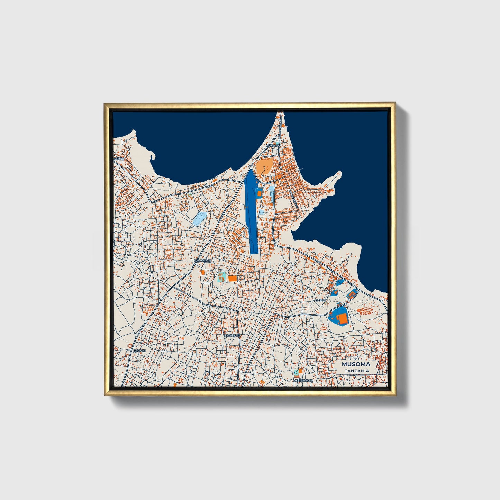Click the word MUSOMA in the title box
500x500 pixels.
coord(356,364)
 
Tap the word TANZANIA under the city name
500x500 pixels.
coord(356,371)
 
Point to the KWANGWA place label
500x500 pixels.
coord(232,336)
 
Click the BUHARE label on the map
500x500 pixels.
coord(139,351)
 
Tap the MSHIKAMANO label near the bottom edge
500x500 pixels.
coord(303,380)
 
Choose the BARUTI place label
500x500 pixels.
coord(320,300)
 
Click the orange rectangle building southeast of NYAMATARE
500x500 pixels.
coord(232,278)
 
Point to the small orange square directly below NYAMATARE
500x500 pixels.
coord(203,272)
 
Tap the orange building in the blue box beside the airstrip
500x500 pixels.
coord(259,193)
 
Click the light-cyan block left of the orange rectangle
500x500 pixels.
coord(221,277)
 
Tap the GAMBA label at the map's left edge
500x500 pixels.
coord(118,158)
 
